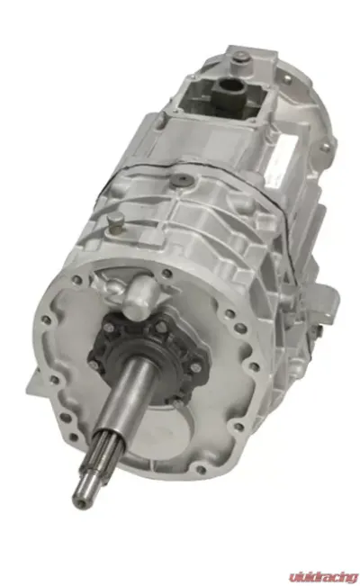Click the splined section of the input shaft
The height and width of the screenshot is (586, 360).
(x=103, y=451)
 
